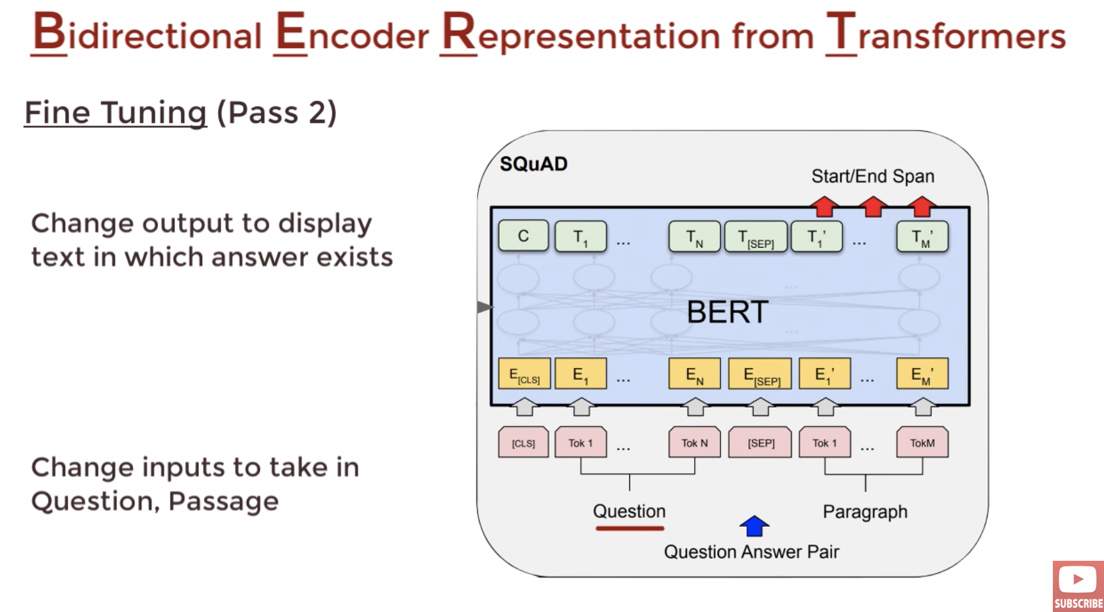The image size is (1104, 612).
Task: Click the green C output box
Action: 523,236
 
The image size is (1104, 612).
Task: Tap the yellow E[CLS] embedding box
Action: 524,374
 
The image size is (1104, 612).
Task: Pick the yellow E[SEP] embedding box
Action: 760,374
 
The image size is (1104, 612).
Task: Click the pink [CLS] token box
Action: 523,442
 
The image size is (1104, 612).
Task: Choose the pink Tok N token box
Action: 695,442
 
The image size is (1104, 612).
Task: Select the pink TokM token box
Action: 922,442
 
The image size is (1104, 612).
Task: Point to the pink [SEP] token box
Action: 761,442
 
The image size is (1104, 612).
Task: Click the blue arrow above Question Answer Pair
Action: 755,526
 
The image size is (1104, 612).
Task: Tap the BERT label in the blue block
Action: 727,312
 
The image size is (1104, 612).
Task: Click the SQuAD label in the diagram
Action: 533,165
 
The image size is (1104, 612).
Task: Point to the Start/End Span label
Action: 872,176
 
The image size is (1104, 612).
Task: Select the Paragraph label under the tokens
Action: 865,511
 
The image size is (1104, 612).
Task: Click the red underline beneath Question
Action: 629,528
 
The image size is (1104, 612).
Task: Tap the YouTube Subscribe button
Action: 1078,586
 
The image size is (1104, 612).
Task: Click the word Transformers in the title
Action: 945,33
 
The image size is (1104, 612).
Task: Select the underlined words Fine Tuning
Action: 116,113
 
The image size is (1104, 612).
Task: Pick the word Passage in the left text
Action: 223,501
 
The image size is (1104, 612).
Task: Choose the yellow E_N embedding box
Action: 695,374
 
